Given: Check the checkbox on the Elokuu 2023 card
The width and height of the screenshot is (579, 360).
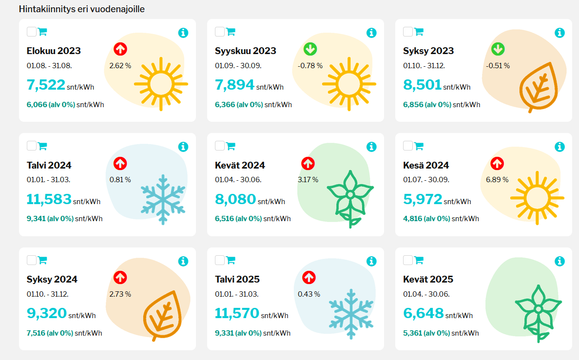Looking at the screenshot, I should pos(31,32).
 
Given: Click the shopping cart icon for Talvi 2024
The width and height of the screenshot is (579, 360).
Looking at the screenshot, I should pos(42,146).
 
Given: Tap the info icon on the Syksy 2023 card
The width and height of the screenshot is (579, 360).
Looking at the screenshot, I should pos(560,33).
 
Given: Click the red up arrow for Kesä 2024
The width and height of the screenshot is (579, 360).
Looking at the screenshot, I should pos(497,163).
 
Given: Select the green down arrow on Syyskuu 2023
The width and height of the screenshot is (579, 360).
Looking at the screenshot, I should pos(310,49).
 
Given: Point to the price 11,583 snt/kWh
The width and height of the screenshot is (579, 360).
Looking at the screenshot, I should pos(49,199).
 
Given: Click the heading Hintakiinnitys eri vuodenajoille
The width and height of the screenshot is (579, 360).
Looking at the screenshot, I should pos(81,9).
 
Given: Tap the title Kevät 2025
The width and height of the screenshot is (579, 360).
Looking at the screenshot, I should pos(428,279).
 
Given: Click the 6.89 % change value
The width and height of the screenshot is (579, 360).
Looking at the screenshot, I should pos(497,180).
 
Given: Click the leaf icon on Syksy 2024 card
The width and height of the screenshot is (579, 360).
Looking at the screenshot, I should pos(162,316).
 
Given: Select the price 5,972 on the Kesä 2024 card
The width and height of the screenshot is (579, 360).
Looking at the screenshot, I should pos(423,199).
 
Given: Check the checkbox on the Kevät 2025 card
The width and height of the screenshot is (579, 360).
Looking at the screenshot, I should pos(408,260).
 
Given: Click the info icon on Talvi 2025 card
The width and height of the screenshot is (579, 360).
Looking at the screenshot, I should pos(371,262).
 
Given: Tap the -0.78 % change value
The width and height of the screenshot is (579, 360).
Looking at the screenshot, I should pos(310,66).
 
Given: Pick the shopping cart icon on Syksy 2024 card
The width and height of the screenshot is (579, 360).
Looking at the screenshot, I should pos(42,260).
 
